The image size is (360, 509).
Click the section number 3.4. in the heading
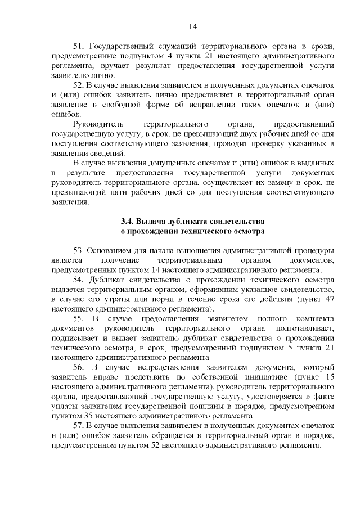coord(127,222)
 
